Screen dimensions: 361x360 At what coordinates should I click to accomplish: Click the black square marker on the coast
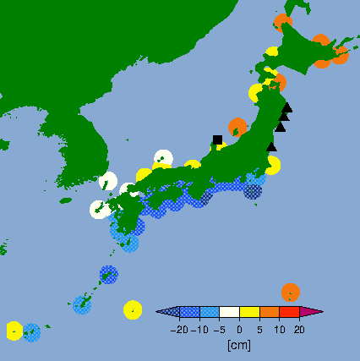pyautogui.click(x=217, y=139)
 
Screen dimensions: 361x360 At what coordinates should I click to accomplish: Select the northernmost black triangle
pyautogui.click(x=287, y=107)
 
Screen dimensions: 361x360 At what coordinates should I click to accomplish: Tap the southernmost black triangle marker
pyautogui.click(x=271, y=146)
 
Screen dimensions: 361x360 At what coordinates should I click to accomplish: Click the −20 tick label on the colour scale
pyautogui.click(x=178, y=330)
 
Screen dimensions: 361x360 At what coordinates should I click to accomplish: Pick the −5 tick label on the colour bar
pyautogui.click(x=219, y=330)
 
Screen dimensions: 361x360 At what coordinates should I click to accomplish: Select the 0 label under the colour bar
pyautogui.click(x=239, y=330)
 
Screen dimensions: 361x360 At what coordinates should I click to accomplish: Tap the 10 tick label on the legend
pyautogui.click(x=279, y=330)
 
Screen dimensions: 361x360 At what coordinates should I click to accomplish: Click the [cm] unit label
pyautogui.click(x=239, y=345)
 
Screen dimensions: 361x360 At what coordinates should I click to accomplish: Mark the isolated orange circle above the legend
pyautogui.click(x=290, y=293)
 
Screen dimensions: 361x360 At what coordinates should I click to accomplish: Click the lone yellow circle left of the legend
pyautogui.click(x=133, y=309)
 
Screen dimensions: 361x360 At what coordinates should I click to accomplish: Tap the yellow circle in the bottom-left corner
pyautogui.click(x=14, y=330)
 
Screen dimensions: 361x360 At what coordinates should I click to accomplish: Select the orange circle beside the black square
pyautogui.click(x=237, y=128)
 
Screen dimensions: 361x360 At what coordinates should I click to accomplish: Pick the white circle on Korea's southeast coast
pyautogui.click(x=107, y=181)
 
